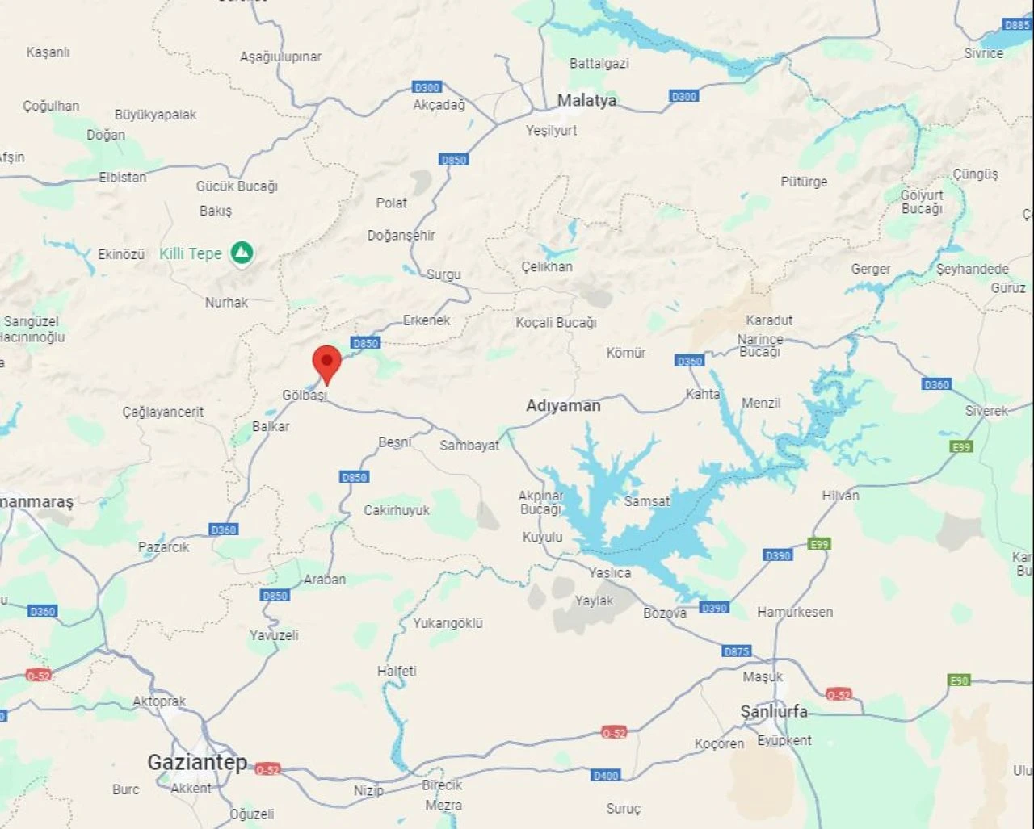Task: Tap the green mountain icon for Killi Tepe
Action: pyautogui.click(x=242, y=253)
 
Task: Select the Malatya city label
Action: pyautogui.click(x=586, y=101)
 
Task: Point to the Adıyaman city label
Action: pyautogui.click(x=563, y=405)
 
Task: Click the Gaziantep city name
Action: pyautogui.click(x=197, y=762)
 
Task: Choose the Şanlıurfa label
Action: pyautogui.click(x=774, y=711)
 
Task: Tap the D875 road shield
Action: pyautogui.click(x=736, y=651)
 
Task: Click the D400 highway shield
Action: pyautogui.click(x=605, y=775)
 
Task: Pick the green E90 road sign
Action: pyautogui.click(x=959, y=680)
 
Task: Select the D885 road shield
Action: pyautogui.click(x=1017, y=25)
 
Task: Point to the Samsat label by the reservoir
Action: pyautogui.click(x=646, y=501)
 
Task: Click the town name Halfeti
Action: pyautogui.click(x=397, y=671)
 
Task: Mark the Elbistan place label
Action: pyautogui.click(x=123, y=177)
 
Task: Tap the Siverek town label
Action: pyautogui.click(x=986, y=411)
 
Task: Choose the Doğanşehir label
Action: pyautogui.click(x=401, y=236)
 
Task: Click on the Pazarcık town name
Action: pyautogui.click(x=163, y=546)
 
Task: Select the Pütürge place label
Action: pyautogui.click(x=804, y=182)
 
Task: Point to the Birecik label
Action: pyautogui.click(x=442, y=785)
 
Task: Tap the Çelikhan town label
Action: pyautogui.click(x=547, y=266)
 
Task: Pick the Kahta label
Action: pyautogui.click(x=702, y=394)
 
